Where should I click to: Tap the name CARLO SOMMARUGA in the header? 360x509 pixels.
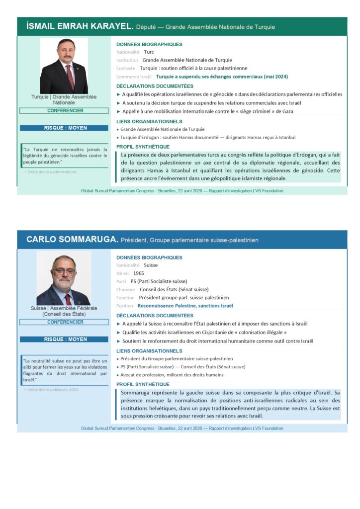pos(72,240)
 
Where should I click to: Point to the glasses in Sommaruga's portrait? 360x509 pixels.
pos(64,271)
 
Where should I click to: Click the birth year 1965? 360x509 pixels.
pos(139,273)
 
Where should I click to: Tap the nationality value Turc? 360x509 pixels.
pos(149,52)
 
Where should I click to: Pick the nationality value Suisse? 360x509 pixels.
pos(151,265)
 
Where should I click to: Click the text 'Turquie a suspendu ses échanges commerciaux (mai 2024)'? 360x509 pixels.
pos(222,77)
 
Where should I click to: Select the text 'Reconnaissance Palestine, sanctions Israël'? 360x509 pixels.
pos(185,306)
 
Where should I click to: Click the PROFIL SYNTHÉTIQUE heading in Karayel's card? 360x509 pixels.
pos(143,147)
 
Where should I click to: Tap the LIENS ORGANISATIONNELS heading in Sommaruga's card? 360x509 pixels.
pos(149,351)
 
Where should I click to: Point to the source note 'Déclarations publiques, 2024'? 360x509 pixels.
pos(53,390)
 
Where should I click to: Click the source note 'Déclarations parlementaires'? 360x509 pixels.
pos(52,172)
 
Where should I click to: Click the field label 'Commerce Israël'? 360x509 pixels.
pos(134,77)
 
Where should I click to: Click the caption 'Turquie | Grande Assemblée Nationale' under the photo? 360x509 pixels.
pos(64,99)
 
